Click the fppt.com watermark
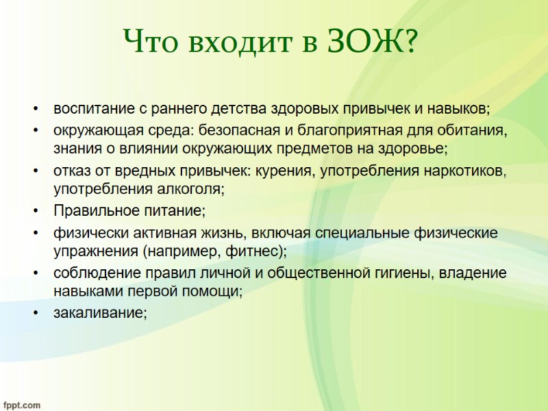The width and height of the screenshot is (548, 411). click(x=21, y=405)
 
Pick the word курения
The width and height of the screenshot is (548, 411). click(x=284, y=171)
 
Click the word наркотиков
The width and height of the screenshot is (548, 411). click(x=464, y=171)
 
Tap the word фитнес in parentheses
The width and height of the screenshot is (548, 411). click(x=250, y=250)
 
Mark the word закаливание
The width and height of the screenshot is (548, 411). click(x=100, y=313)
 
